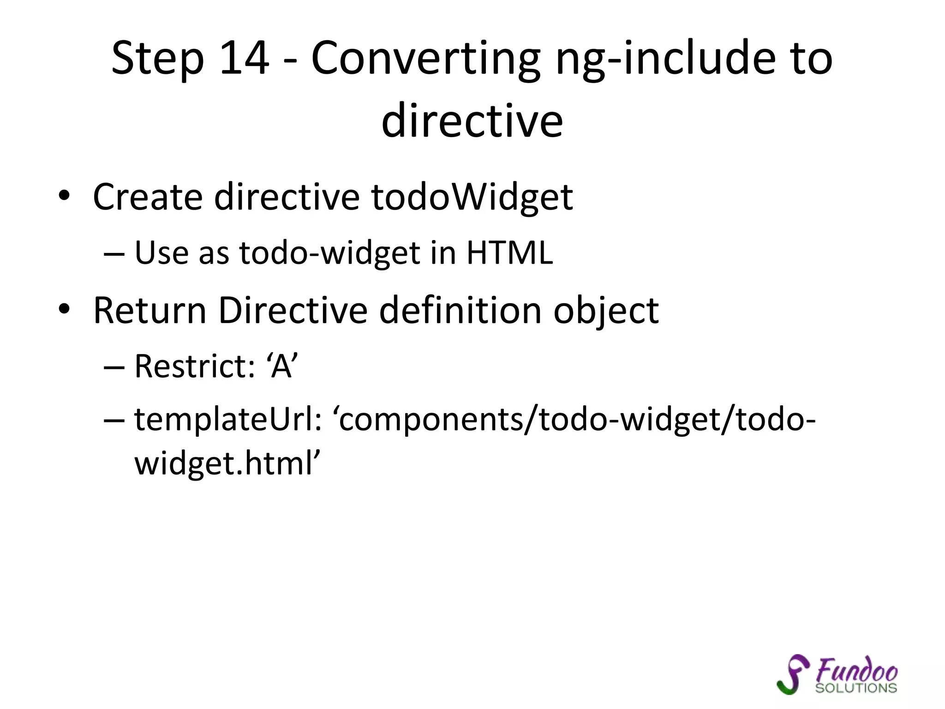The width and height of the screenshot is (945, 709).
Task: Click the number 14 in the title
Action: [x=244, y=58]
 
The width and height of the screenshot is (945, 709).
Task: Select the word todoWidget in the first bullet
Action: [x=472, y=198]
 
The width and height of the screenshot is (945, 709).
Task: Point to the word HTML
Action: [x=509, y=253]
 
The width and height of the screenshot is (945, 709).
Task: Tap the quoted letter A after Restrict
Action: [x=281, y=366]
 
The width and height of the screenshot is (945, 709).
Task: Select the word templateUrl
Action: [x=228, y=420]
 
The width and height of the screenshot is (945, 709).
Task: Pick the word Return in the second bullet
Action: [x=150, y=310]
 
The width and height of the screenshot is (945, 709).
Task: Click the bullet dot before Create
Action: [x=64, y=196]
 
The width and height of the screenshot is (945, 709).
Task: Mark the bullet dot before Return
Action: [x=64, y=309]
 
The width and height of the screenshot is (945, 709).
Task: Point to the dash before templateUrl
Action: [x=114, y=421]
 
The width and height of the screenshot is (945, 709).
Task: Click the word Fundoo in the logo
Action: [x=856, y=669]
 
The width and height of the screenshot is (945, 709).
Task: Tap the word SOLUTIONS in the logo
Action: [x=856, y=688]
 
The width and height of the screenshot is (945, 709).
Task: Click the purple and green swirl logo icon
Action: [x=793, y=674]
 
